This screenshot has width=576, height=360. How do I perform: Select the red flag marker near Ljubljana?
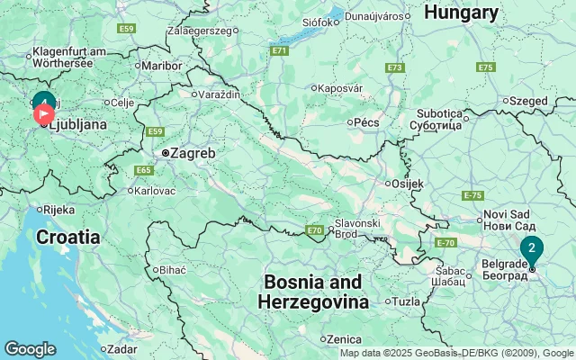[x=43, y=114]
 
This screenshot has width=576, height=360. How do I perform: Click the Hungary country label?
[x=461, y=13]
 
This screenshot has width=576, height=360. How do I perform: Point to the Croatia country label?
[x=68, y=238]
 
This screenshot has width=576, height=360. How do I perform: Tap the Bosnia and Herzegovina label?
[x=313, y=292]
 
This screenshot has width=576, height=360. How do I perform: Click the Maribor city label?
[x=163, y=65]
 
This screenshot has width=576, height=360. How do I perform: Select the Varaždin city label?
[x=220, y=93]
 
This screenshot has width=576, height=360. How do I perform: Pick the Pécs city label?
[x=366, y=121]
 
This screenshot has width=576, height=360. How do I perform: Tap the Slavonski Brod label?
[x=357, y=228]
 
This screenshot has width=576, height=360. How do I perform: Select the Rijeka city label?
[x=59, y=209]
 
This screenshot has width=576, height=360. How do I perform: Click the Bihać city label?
[x=172, y=269]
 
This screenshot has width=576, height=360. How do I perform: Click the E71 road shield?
[x=279, y=50]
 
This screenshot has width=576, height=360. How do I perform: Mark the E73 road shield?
[x=394, y=67]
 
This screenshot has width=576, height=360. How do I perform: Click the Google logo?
[x=30, y=349]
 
